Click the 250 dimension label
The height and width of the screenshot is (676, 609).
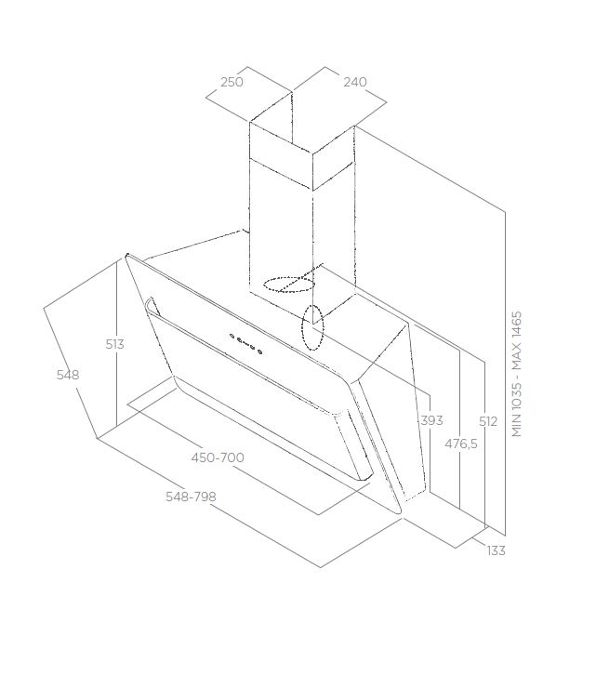(x=232, y=82)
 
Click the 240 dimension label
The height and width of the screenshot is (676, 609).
(x=355, y=82)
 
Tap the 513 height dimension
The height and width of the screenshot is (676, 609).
(x=114, y=344)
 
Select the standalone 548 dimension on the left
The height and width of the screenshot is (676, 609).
(x=68, y=375)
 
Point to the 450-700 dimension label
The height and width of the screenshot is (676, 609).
(x=218, y=457)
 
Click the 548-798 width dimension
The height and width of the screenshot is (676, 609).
(x=191, y=497)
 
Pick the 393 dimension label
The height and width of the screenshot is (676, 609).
(x=431, y=420)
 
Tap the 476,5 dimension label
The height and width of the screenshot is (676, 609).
(x=461, y=444)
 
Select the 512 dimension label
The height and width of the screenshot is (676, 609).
(x=488, y=421)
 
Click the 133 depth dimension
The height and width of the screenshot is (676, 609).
(x=496, y=550)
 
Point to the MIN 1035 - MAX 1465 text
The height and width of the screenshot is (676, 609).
(x=517, y=374)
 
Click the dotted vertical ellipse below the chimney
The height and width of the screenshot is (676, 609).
(x=312, y=327)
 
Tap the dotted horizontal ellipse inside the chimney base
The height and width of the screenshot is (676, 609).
(x=289, y=285)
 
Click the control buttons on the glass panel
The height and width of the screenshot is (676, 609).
(x=246, y=343)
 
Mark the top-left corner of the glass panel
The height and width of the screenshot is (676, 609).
(x=126, y=255)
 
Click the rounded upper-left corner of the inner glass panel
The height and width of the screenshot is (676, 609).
(x=148, y=301)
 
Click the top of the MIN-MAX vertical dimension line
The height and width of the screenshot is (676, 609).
(x=505, y=211)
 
